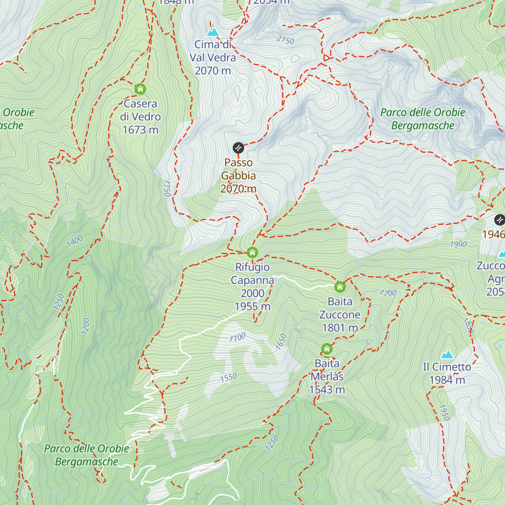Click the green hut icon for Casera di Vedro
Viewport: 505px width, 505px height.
click(x=140, y=89)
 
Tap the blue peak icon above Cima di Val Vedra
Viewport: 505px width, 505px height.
click(x=213, y=32)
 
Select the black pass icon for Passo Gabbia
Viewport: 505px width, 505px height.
click(x=238, y=148)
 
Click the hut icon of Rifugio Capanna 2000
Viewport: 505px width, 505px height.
click(x=252, y=252)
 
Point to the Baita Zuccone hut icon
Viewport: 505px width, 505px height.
click(x=340, y=287)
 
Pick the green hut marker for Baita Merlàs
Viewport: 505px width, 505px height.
click(x=327, y=349)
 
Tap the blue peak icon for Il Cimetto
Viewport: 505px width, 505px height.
click(x=447, y=354)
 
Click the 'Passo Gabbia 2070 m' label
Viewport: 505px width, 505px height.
click(x=238, y=175)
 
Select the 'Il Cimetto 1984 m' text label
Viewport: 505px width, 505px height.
click(x=447, y=374)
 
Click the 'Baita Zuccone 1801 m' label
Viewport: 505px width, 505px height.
click(x=340, y=315)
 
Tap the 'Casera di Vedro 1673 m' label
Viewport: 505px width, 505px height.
click(x=140, y=117)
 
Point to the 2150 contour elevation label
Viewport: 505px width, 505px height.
click(x=285, y=40)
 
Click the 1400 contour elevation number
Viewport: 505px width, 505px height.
click(x=75, y=241)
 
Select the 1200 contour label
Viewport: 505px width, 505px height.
click(x=86, y=326)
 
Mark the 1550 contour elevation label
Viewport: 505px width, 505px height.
click(x=229, y=377)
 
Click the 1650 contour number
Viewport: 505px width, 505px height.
click(x=281, y=342)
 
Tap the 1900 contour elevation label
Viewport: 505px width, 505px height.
click(x=458, y=244)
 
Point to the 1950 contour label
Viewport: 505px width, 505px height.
click(x=444, y=412)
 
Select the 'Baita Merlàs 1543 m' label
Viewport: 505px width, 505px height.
click(x=327, y=377)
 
